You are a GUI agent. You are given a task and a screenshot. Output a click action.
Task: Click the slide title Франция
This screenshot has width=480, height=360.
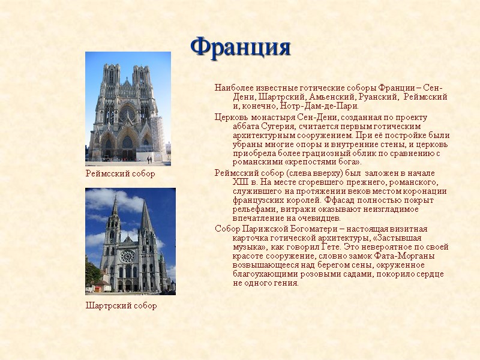pos(240,46)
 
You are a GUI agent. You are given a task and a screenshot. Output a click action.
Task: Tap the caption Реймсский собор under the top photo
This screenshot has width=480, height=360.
pos(120,174)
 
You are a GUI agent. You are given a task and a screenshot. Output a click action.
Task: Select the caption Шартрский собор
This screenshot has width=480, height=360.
pos(121,306)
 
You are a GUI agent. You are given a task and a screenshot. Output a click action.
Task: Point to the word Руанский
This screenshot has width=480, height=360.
pos(378,97)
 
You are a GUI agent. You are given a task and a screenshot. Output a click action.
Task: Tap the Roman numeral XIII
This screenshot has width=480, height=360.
pos(224,182)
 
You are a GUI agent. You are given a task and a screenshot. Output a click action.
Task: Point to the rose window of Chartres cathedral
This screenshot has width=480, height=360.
pos(127,256)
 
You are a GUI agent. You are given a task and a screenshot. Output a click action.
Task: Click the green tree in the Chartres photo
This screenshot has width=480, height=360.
pos(92,273)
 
